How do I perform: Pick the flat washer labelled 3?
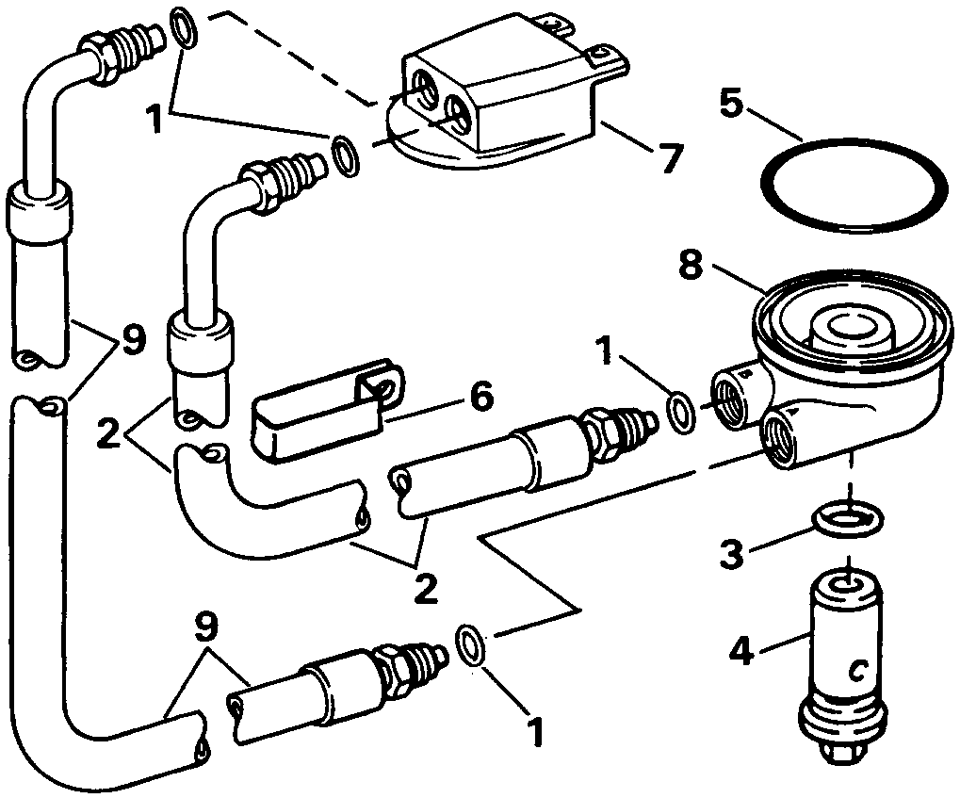[x=847, y=516]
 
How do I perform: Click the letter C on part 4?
[x=856, y=670]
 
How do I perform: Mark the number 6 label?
[x=480, y=399]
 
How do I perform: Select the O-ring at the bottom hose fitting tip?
[x=471, y=645]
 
